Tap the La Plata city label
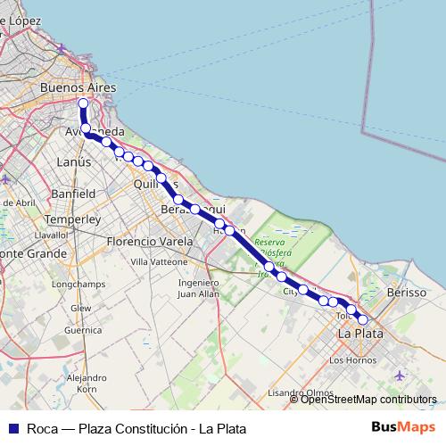click(360, 333)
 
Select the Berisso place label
click(408, 293)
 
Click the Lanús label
click(73, 162)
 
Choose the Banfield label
click(73, 193)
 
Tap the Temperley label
click(72, 219)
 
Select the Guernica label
click(84, 329)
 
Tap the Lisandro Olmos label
click(301, 392)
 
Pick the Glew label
click(81, 308)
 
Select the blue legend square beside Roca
click(12, 427)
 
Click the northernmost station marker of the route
click(84, 103)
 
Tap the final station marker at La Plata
click(363, 319)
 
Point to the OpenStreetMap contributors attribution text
click(368, 400)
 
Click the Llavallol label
click(51, 234)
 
